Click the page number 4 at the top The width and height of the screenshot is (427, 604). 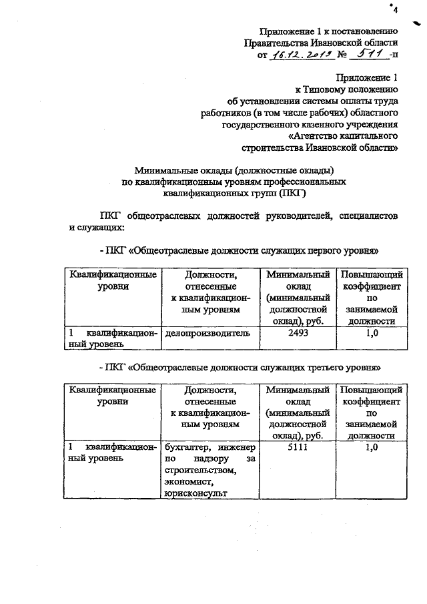tap(394, 10)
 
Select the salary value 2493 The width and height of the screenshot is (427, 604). tap(298, 332)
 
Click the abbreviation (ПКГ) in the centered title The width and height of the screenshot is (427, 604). tap(289, 194)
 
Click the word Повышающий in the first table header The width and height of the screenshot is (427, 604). tap(371, 274)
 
